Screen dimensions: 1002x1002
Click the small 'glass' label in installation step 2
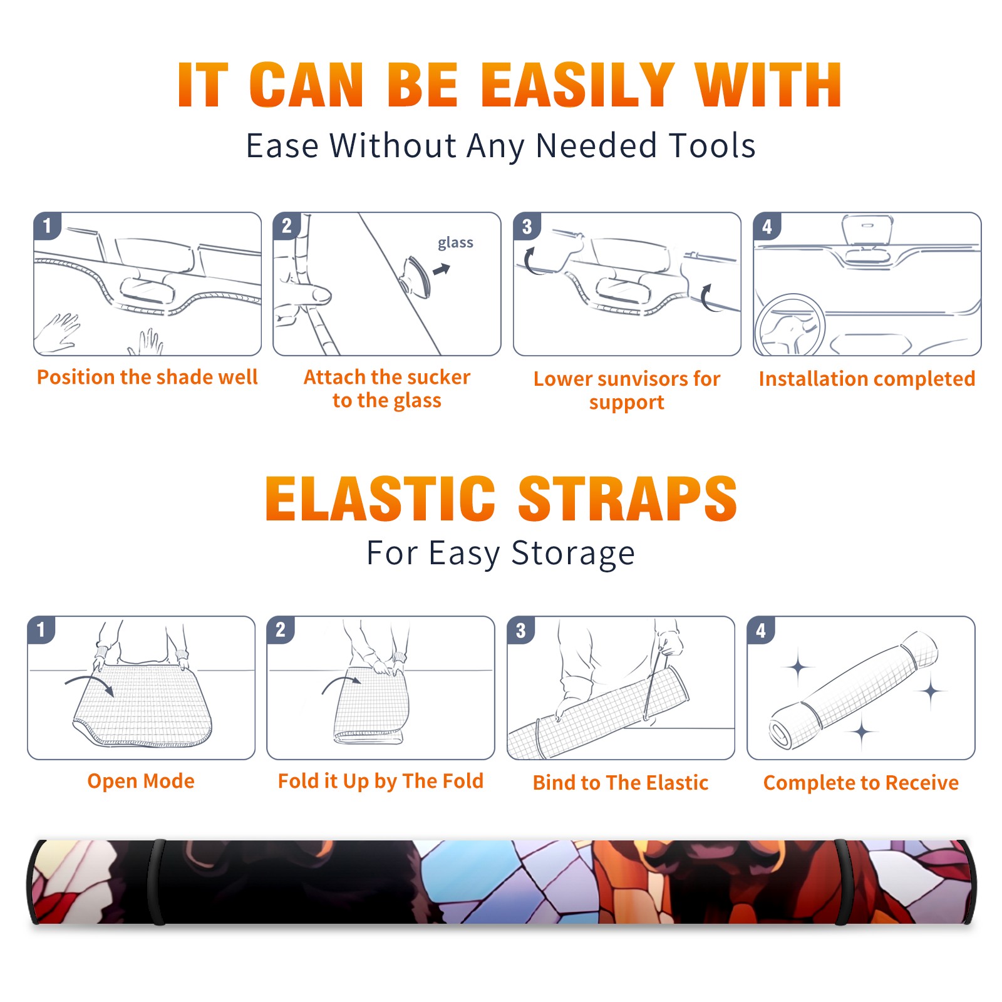[x=455, y=242]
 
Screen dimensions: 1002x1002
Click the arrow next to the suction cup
[x=442, y=269]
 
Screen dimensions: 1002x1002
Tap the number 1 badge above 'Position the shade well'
[x=48, y=225]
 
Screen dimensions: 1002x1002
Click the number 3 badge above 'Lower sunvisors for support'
[x=527, y=226]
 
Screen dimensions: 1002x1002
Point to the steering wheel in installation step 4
[x=790, y=325]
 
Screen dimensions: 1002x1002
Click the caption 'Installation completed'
[x=867, y=378]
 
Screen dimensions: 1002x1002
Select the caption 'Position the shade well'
[x=147, y=377]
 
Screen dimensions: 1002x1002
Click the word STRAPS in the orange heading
[x=628, y=498]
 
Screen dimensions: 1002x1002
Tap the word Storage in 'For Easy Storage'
[x=573, y=554]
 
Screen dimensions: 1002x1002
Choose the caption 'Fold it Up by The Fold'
[x=381, y=781]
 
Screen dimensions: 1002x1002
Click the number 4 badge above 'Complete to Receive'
[x=761, y=630]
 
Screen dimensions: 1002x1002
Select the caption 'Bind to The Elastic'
[x=621, y=783]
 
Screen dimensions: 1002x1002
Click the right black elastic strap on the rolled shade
[x=844, y=882]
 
